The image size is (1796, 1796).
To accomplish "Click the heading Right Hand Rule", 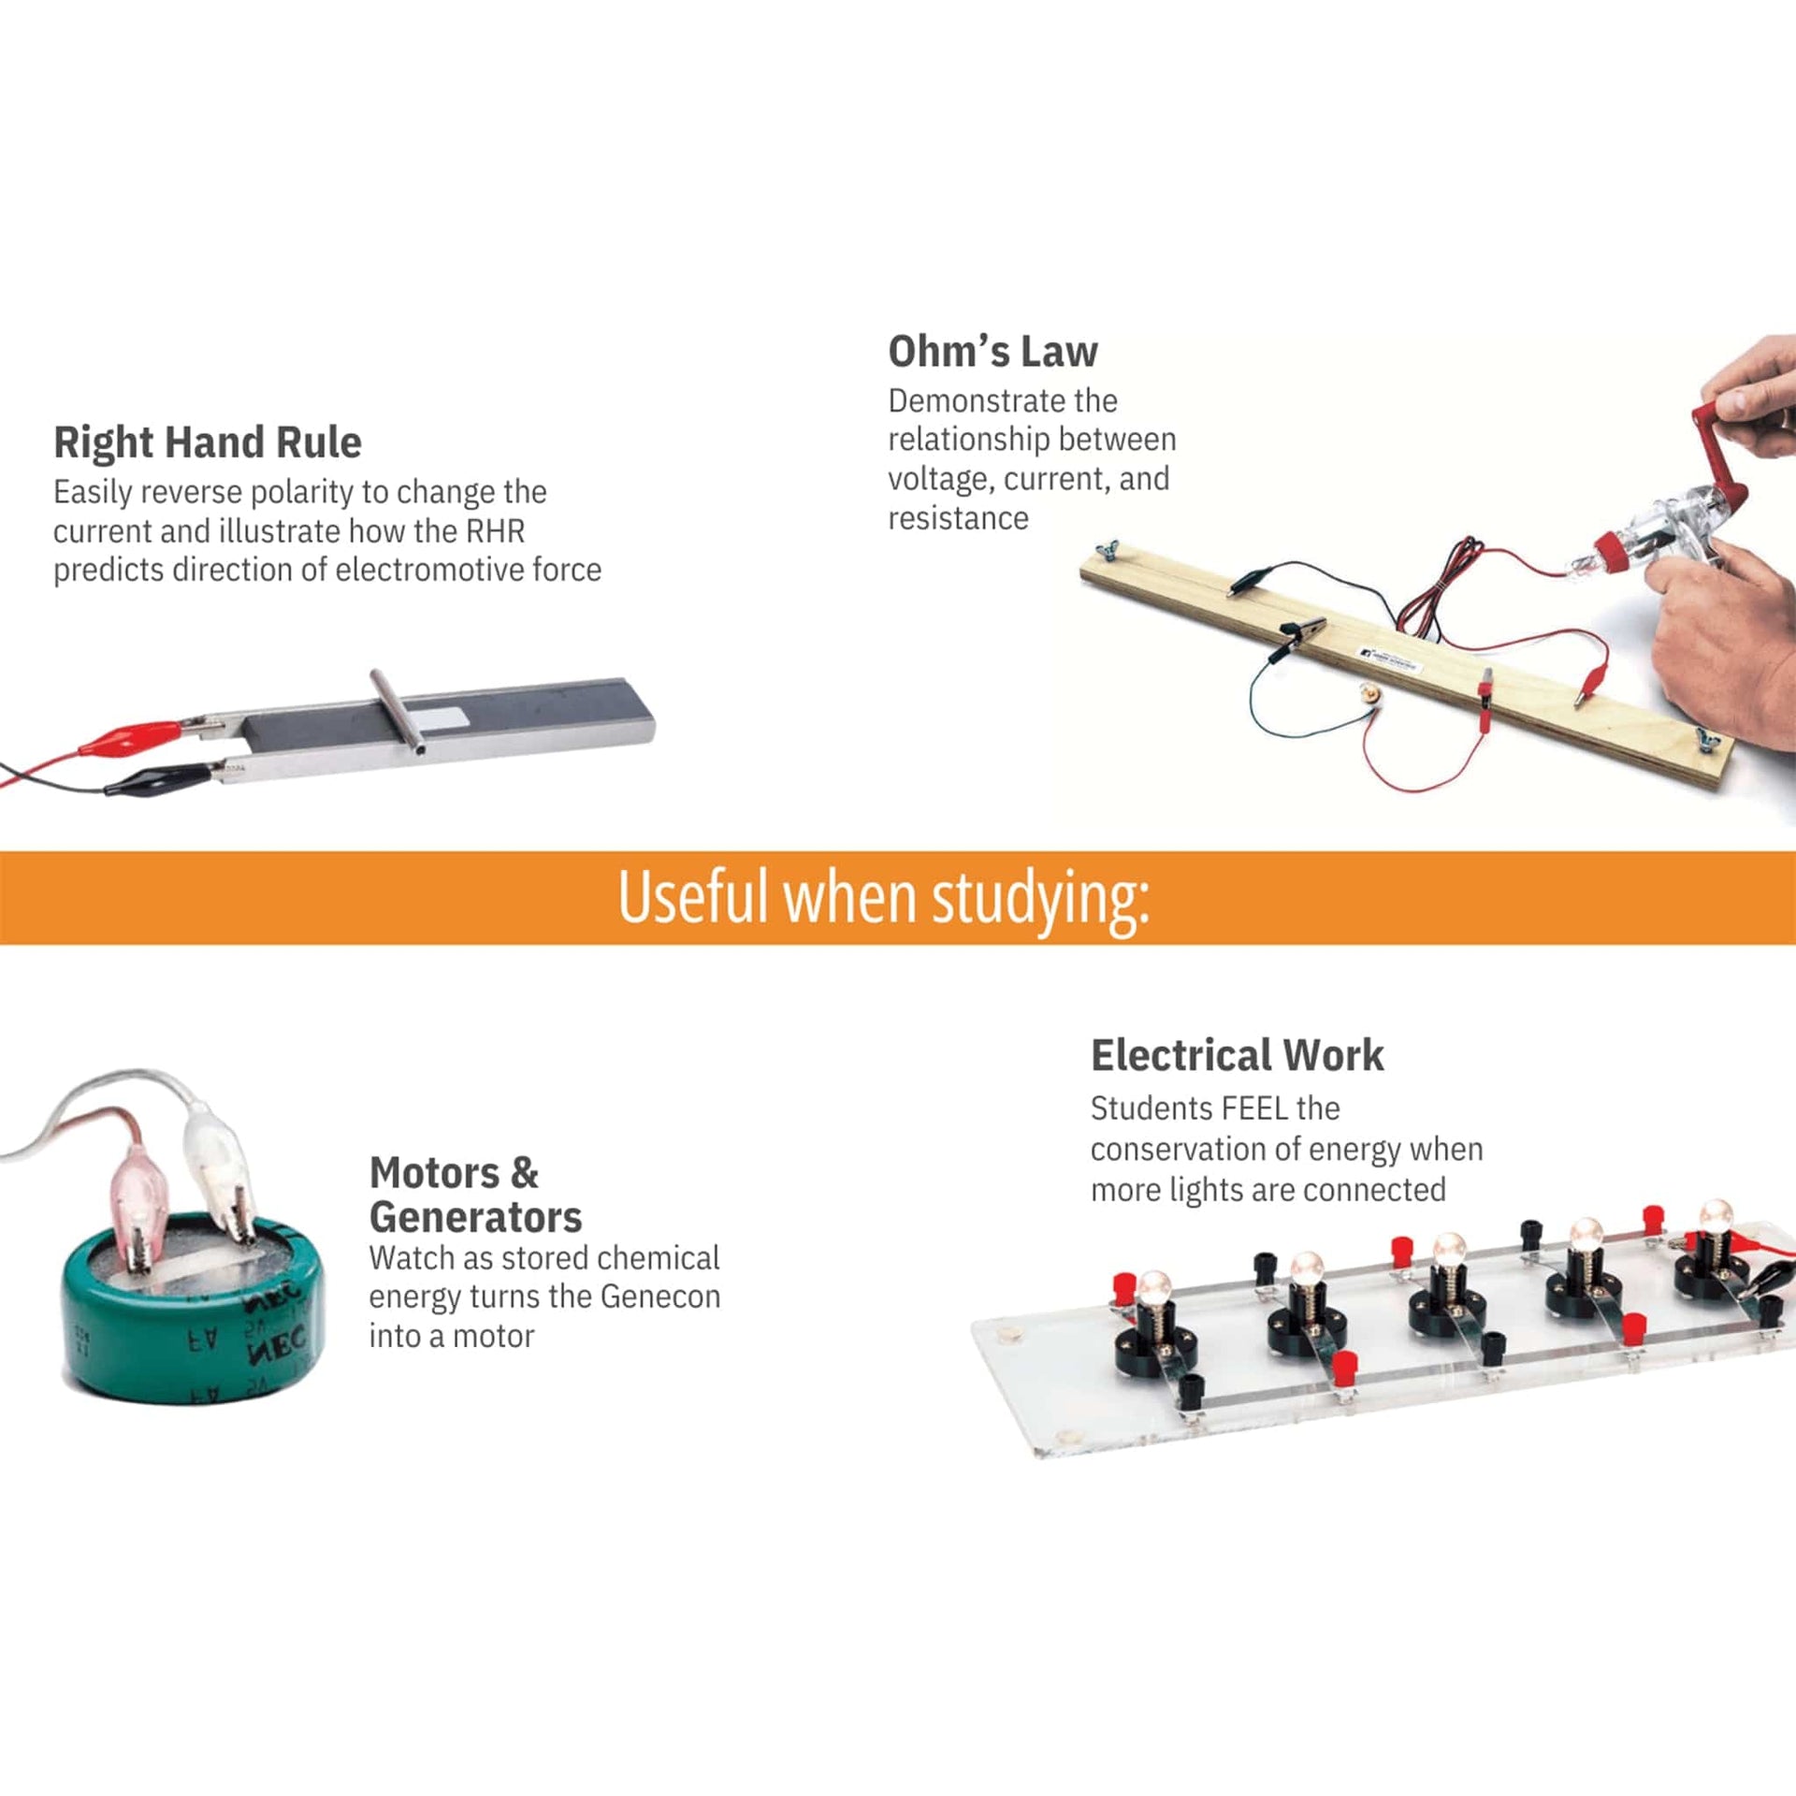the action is click(208, 442).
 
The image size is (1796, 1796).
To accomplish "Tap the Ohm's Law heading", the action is click(992, 352).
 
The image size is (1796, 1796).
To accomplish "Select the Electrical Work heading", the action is click(1237, 1055).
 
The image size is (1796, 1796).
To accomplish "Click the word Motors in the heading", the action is click(435, 1173).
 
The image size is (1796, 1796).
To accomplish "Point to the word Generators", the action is click(475, 1217).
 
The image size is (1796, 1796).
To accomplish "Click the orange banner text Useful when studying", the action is click(883, 897).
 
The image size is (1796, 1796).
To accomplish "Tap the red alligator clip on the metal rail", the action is click(140, 737).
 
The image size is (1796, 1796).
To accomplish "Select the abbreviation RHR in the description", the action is click(495, 531).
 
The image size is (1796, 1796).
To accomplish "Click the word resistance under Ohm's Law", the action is click(958, 518).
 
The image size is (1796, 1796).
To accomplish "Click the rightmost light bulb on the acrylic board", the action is click(1715, 1218).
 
